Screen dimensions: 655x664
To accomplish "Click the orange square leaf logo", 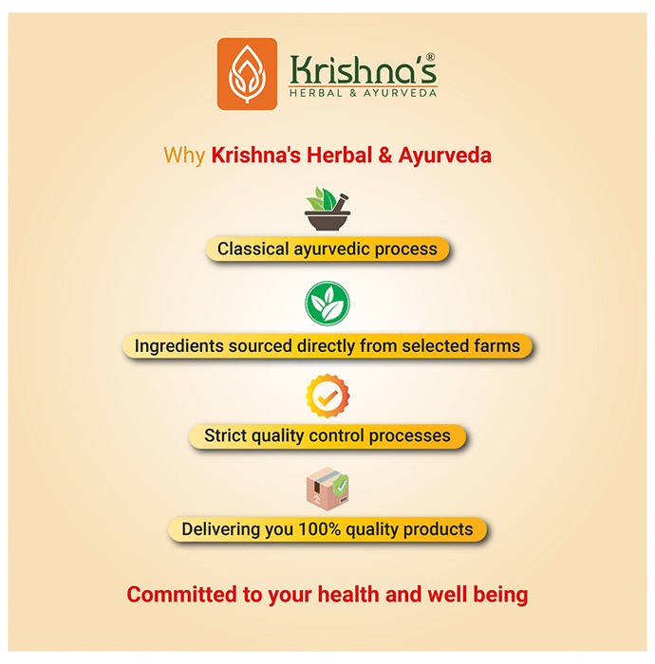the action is point(247,74).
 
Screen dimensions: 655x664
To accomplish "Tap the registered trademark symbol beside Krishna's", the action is point(430,57).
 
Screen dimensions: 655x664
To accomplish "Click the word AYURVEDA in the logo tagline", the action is point(400,93).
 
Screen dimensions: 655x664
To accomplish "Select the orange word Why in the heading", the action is point(184,155).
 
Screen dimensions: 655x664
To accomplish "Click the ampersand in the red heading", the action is point(384,155).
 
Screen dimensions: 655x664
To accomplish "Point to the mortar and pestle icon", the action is point(327,209).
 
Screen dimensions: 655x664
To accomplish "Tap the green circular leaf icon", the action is point(327,303).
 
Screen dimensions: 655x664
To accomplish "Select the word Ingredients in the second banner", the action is point(179,346).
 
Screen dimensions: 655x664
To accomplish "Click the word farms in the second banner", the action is point(497,345).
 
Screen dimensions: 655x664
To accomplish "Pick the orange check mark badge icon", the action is point(327,396).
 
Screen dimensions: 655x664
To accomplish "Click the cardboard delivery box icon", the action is point(327,489).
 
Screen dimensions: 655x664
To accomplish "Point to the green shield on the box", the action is point(340,485).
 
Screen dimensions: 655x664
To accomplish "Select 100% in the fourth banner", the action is point(320,529).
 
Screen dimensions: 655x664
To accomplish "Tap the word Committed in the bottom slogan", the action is point(182,594).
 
